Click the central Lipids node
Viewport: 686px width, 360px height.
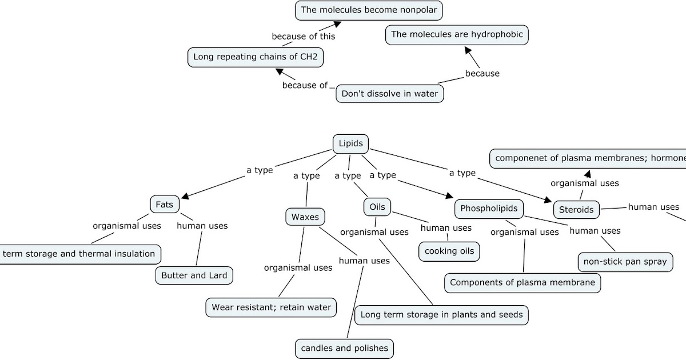tap(350, 143)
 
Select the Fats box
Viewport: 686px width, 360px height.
tap(164, 204)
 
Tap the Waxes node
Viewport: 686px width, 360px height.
tap(305, 217)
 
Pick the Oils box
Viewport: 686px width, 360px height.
tap(377, 207)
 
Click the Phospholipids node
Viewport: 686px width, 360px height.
tap(489, 208)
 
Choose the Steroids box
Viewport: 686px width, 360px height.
tap(576, 209)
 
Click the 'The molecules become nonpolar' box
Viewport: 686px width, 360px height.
tap(369, 10)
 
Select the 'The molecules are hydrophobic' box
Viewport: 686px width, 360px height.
tap(457, 34)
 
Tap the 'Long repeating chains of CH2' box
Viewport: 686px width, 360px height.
tap(255, 57)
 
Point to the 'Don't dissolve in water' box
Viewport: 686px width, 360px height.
tap(390, 93)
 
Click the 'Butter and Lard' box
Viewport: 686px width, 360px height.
tap(194, 275)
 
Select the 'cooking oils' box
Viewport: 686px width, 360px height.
tap(449, 251)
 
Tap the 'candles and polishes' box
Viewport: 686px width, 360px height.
tap(344, 347)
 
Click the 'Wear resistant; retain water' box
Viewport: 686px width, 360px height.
tap(271, 307)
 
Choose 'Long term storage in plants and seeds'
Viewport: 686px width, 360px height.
tap(441, 314)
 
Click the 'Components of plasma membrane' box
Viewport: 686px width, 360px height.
tap(522, 282)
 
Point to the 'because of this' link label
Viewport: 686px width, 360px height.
tap(303, 36)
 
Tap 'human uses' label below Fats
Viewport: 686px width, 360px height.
tap(202, 226)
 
